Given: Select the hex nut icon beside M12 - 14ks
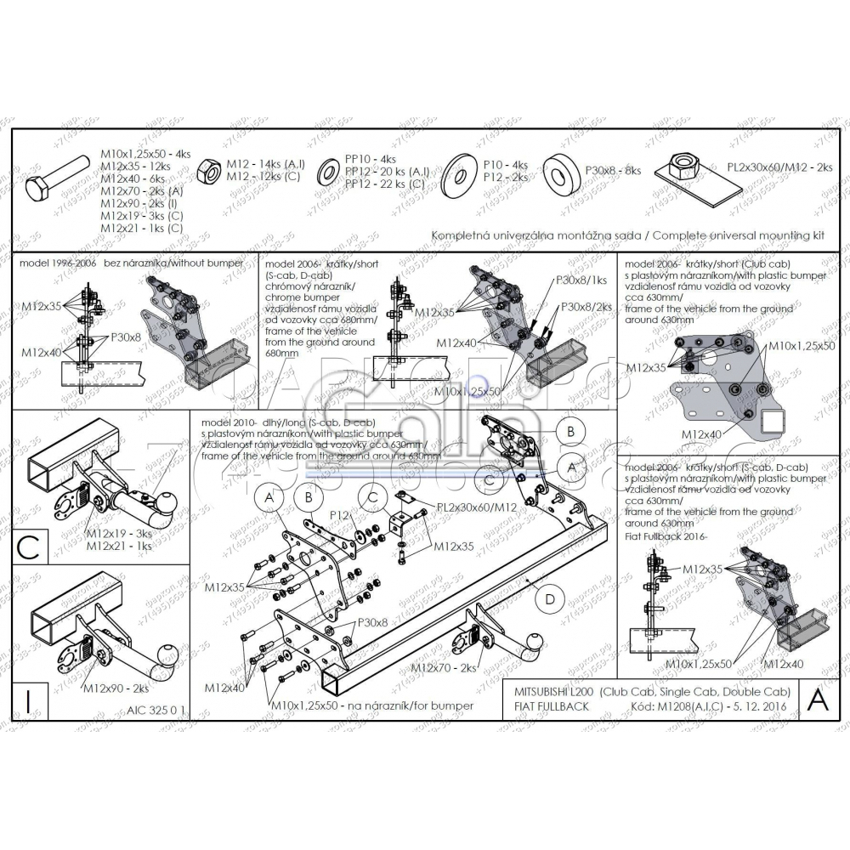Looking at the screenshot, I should [208, 173].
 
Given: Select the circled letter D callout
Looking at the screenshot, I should [550, 598].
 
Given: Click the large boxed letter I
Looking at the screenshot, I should [29, 701].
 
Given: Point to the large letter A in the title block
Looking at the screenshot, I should [817, 699].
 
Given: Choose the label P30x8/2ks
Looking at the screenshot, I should [586, 306].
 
